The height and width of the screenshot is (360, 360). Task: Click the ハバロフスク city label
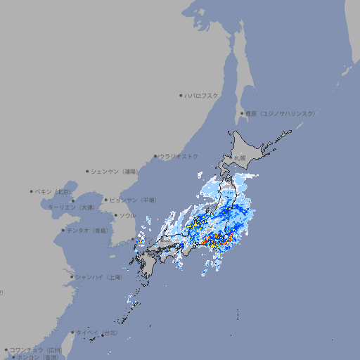tap(202, 95)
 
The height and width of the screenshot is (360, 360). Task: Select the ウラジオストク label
tap(179, 156)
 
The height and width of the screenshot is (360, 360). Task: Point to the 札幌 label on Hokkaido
tap(240, 158)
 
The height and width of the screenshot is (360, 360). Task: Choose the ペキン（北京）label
tap(54, 191)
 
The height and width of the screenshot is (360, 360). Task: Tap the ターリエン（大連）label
tap(71, 207)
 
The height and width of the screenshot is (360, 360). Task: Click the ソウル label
tap(127, 215)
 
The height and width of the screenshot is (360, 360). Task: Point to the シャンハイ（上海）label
tap(98, 277)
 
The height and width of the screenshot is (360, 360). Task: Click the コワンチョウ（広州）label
tap(36, 349)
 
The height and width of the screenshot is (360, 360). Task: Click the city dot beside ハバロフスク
tap(181, 95)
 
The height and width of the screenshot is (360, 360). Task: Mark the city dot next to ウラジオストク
tap(155, 156)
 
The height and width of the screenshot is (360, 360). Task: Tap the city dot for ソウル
tap(115, 215)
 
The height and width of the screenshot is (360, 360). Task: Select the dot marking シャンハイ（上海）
tap(72, 277)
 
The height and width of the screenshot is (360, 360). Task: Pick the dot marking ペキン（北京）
tap(32, 191)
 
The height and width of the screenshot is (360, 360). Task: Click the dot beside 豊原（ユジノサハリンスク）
tap(241, 113)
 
